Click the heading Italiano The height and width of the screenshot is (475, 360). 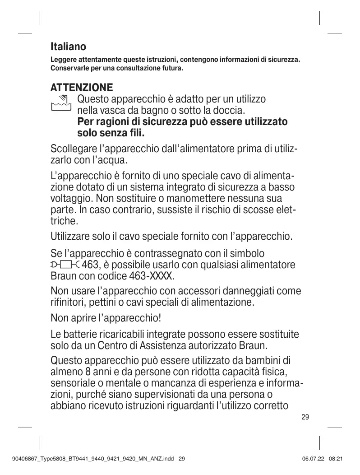pos(68,47)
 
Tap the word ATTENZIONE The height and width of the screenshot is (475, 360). pos(81,87)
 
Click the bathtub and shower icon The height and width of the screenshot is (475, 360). pos(61,103)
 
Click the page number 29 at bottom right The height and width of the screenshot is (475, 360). pos(305,417)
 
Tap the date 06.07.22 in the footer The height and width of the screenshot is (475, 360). pos(312,459)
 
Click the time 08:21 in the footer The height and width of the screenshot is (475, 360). pos(337,459)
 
